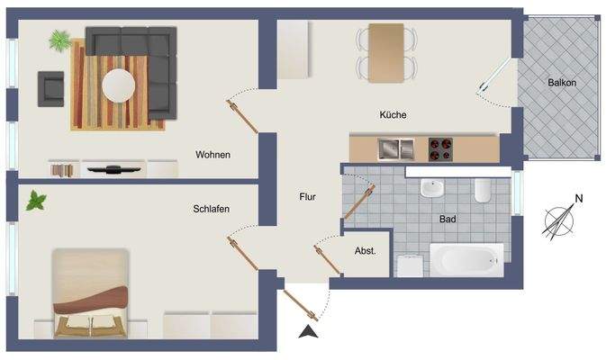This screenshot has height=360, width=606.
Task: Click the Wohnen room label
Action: pos(213,154)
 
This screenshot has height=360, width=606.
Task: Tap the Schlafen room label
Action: pos(211,209)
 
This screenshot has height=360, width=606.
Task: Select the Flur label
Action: pos(311,195)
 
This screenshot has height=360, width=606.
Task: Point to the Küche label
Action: pos(393,115)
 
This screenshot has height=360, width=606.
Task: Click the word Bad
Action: pos(448,219)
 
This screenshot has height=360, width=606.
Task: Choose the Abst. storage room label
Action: pos(365,251)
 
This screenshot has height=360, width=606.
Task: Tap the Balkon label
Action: pos(561,83)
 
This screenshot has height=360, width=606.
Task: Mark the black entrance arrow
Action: pos(309,333)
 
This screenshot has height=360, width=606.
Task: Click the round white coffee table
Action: pos(119,86)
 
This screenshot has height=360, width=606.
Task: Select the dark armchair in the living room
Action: pos(50,87)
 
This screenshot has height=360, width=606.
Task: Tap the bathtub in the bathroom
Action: pos(466,260)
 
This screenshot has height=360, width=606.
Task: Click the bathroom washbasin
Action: pos(433,189)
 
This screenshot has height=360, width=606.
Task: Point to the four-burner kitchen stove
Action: pos(440,148)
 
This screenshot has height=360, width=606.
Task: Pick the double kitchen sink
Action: pos(394,148)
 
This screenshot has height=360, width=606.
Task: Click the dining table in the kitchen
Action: pos(386,52)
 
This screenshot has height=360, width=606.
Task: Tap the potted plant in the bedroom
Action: pos(37,200)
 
